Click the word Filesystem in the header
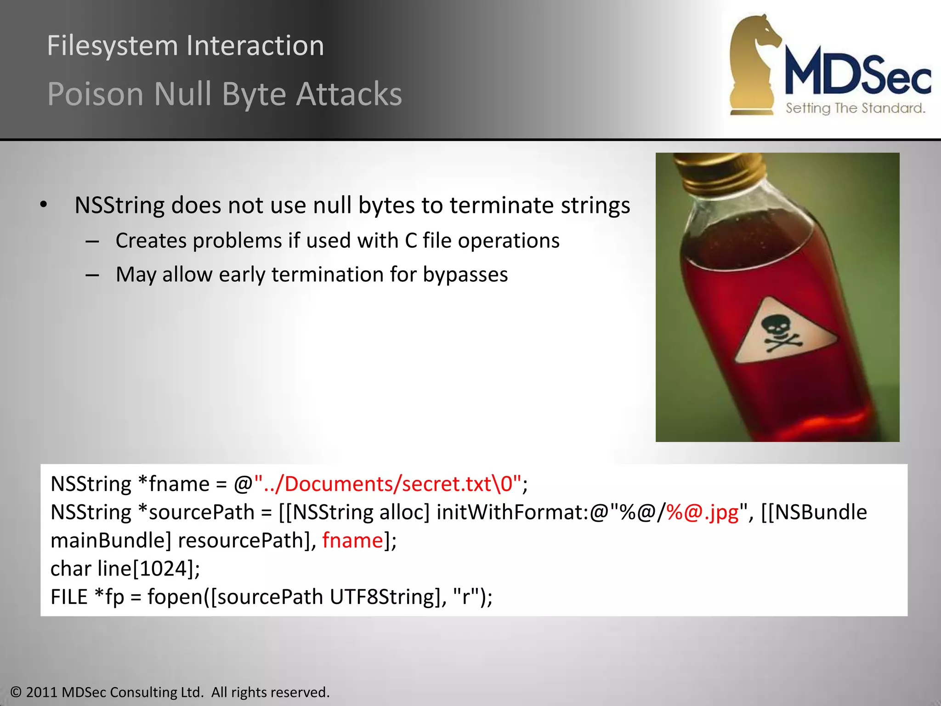[x=112, y=46]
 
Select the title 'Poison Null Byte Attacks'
[x=224, y=94]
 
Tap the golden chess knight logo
[x=754, y=64]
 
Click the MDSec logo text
[x=857, y=74]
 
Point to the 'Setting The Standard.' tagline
[x=855, y=108]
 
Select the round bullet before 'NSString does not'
[x=44, y=205]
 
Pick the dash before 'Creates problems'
[x=92, y=241]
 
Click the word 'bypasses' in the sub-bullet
[x=465, y=274]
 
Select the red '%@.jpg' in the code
[x=703, y=512]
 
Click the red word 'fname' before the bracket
[x=352, y=541]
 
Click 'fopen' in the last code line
[x=175, y=597]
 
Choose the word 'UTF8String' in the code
[x=382, y=597]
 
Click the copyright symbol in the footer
[x=16, y=692]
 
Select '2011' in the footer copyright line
[x=41, y=692]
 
